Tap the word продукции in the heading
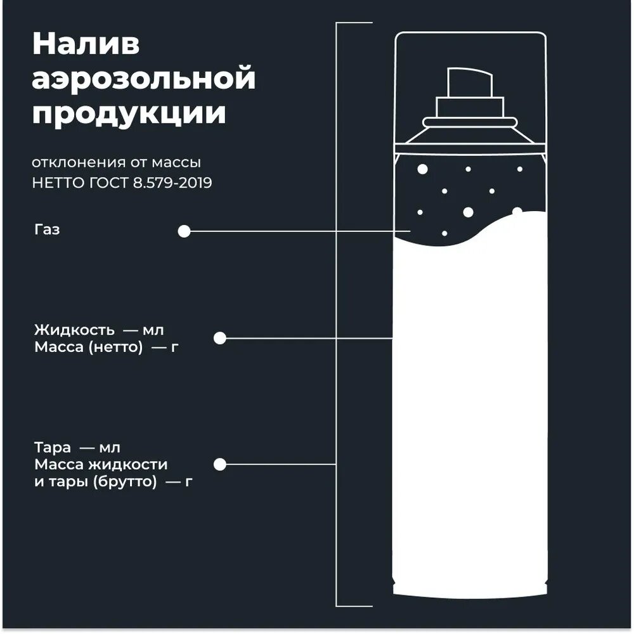click(129, 115)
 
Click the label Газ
click(48, 230)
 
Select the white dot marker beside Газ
click(184, 232)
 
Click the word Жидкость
click(74, 330)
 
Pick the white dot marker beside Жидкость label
click(220, 339)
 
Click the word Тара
click(53, 448)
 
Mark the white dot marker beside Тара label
click(220, 465)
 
